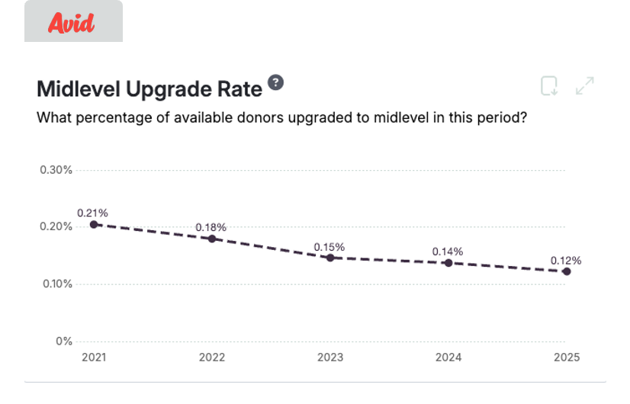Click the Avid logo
(72, 24)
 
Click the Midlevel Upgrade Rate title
(149, 89)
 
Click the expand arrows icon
(585, 86)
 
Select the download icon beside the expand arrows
(549, 86)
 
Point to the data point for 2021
(94, 224)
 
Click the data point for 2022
(212, 239)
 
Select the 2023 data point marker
(330, 258)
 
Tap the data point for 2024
(448, 263)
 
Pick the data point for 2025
(567, 271)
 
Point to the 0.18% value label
(211, 227)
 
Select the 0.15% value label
(329, 247)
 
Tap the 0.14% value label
(448, 252)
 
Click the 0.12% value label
(567, 260)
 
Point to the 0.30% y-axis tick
(56, 170)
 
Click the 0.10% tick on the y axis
(56, 284)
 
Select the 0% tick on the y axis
(63, 341)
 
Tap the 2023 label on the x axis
(330, 358)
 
